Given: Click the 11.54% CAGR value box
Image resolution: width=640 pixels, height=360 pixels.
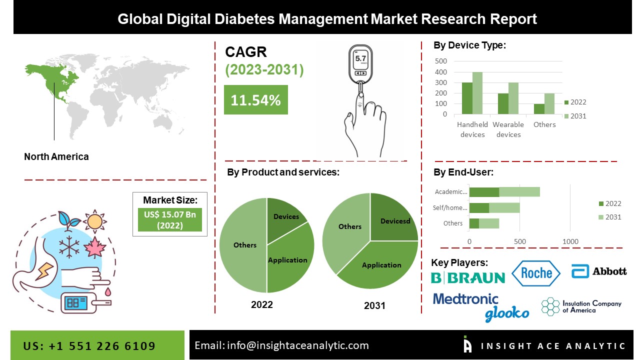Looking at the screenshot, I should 255,100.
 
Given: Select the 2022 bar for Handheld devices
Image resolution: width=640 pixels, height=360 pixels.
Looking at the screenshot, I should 467,98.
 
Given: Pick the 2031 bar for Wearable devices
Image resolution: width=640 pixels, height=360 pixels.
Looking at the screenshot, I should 513,98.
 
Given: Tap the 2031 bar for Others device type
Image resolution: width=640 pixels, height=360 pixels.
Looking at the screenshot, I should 549,104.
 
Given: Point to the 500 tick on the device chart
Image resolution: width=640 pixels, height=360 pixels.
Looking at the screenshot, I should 441,61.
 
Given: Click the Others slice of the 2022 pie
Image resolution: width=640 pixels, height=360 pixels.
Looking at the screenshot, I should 244,245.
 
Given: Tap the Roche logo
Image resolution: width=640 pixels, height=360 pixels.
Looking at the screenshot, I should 536,272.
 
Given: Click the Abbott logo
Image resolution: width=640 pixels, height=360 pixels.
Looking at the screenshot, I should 599,271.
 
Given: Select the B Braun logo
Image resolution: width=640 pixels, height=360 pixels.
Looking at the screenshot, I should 468,277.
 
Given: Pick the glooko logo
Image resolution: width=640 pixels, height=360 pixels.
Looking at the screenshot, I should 506,313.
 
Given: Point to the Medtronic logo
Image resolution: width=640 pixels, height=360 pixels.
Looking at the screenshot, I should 465,299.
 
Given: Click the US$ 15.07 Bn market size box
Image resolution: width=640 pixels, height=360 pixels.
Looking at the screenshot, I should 169,220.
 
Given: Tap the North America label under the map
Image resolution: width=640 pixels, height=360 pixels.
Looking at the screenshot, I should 56,156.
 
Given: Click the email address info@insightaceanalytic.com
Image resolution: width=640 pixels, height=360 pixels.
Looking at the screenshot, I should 281,345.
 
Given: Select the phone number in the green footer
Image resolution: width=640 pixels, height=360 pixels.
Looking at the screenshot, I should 89,346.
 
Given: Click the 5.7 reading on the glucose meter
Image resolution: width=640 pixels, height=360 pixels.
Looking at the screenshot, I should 360,58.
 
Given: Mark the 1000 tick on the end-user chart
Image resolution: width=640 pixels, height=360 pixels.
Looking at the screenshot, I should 570,241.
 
